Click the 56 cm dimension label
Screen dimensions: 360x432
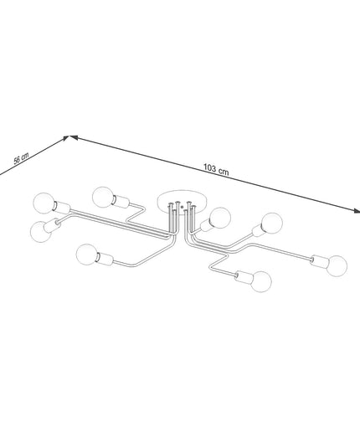pyautogui.click(x=21, y=158)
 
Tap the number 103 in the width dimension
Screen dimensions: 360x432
pyautogui.click(x=209, y=167)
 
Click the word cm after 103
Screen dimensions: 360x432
pyautogui.click(x=224, y=172)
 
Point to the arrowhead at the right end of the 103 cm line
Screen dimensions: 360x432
pyautogui.click(x=356, y=211)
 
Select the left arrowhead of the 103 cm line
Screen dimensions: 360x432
pyautogui.click(x=73, y=137)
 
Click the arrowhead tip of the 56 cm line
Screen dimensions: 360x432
pyautogui.click(x=69, y=136)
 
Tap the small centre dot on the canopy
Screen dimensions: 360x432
pyautogui.click(x=182, y=208)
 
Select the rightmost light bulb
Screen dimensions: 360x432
pyautogui.click(x=337, y=265)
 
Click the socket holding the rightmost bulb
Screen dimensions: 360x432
pyautogui.click(x=319, y=261)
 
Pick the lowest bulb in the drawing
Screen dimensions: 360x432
pyautogui.click(x=261, y=281)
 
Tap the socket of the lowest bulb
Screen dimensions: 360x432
pyautogui.click(x=244, y=277)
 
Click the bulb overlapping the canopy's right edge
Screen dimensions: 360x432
pyautogui.click(x=220, y=218)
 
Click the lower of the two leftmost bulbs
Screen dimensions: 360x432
pyautogui.click(x=41, y=232)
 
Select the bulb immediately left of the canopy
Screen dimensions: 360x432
pyautogui.click(x=103, y=198)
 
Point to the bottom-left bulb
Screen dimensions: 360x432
pyautogui.click(x=87, y=255)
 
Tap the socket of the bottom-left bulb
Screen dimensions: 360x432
pyautogui.click(x=105, y=259)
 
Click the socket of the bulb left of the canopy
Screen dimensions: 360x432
pyautogui.click(x=121, y=202)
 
